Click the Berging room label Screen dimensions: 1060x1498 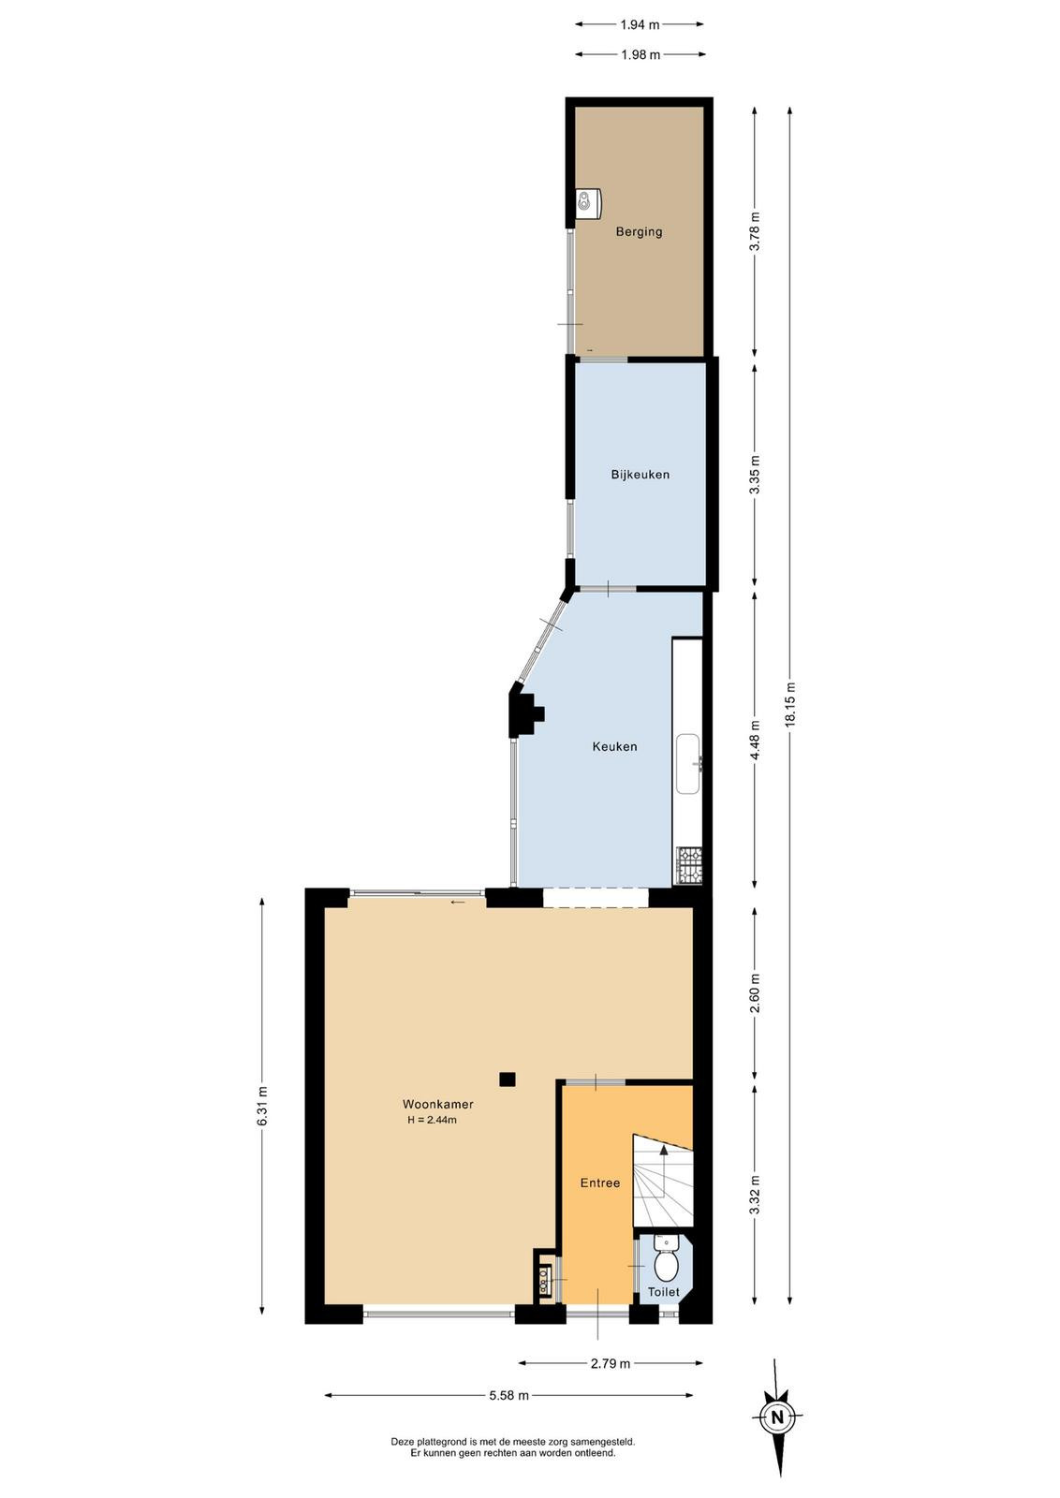pyautogui.click(x=639, y=231)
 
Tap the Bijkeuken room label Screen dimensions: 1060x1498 pyautogui.click(x=640, y=474)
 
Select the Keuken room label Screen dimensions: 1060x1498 pyautogui.click(x=614, y=746)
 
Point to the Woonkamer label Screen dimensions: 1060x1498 pyautogui.click(x=438, y=1104)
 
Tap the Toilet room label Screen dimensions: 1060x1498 pyautogui.click(x=663, y=1292)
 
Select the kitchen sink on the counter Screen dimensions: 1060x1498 pyautogui.click(x=688, y=764)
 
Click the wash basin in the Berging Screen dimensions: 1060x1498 pyautogui.click(x=588, y=203)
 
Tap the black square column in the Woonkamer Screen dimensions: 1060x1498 pyautogui.click(x=508, y=1079)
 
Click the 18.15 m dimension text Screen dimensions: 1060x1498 pyautogui.click(x=791, y=705)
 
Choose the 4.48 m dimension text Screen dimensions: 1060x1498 pyautogui.click(x=755, y=741)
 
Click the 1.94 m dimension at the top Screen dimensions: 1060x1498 pyautogui.click(x=640, y=24)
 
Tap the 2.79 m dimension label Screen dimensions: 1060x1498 pyautogui.click(x=611, y=1363)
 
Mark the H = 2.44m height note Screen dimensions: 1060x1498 pyautogui.click(x=432, y=1120)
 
